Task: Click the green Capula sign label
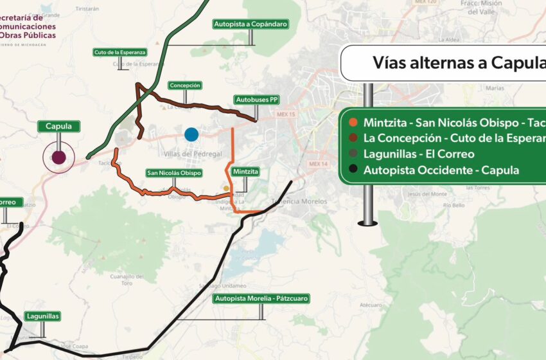coord(58,127)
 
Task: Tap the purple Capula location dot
coord(58,157)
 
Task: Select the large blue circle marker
coord(191,134)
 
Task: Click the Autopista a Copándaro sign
coord(250,24)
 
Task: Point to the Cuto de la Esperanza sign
coord(120,52)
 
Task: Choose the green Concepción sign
coord(185,85)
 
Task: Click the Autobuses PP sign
coord(256,100)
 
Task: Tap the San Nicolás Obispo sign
coord(174,173)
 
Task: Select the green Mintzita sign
coord(246,172)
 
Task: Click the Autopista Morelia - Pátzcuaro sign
coord(261,298)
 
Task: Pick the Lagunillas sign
coord(43,316)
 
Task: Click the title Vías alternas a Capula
coord(459,63)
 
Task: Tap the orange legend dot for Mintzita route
coord(353,122)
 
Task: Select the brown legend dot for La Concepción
coord(353,138)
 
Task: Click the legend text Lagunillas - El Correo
coord(419,154)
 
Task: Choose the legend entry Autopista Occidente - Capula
coord(441,170)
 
